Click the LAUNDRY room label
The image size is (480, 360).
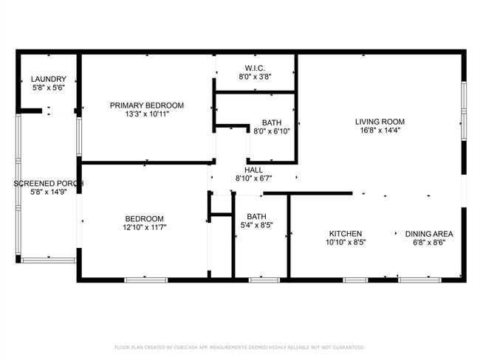48,79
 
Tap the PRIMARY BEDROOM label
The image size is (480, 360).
147,105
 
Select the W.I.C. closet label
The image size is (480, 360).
255,68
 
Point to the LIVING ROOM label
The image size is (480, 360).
380,122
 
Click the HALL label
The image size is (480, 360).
253,170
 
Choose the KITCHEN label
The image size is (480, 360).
346,234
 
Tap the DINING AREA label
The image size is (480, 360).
429,234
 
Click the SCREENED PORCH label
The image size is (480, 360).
48,184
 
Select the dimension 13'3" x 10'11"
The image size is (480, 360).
147,114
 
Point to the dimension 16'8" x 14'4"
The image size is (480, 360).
380,131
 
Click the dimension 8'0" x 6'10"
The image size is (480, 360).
272,131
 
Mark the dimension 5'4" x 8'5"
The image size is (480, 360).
256,225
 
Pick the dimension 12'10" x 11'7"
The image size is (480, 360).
145,227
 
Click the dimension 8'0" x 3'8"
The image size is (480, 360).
255,77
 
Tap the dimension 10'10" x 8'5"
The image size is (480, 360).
346,243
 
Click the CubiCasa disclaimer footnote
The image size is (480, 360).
240,347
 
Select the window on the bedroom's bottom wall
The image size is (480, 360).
146,280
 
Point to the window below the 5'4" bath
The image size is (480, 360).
264,280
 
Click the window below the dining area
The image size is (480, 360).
419,280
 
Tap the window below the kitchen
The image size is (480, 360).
355,280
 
